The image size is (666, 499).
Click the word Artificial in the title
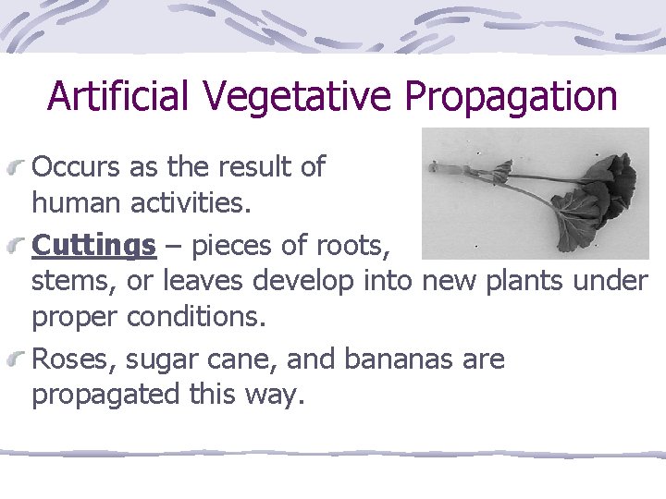[117, 95]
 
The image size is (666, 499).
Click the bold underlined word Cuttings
[93, 246]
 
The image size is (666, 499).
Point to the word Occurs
[76, 166]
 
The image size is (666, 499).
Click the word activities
[189, 201]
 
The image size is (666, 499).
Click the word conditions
[196, 316]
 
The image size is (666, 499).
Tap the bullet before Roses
[19, 359]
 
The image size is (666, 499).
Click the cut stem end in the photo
[434, 168]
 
